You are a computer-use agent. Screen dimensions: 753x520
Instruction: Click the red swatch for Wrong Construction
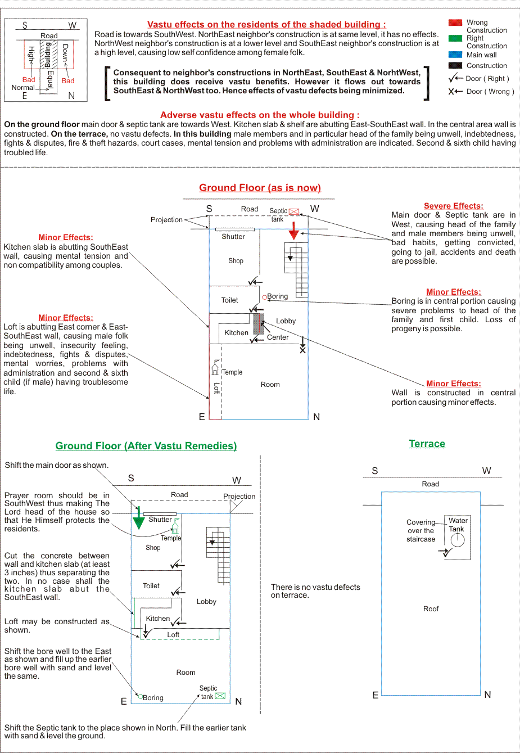(455, 22)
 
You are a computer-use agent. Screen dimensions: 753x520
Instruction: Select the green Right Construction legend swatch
(455, 38)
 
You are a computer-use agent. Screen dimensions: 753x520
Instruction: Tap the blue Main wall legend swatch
(455, 55)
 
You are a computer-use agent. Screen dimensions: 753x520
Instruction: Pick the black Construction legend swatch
(455, 65)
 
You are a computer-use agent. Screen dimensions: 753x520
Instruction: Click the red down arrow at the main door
(293, 231)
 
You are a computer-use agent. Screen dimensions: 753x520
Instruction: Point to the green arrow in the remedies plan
(138, 518)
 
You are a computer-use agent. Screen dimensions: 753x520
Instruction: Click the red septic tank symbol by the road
(294, 211)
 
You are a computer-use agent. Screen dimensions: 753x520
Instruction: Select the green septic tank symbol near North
(220, 696)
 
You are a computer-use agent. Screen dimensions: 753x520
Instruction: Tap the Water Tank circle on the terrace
(458, 540)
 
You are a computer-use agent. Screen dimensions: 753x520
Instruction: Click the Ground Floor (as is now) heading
(260, 188)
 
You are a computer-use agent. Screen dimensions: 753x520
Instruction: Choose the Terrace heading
(427, 444)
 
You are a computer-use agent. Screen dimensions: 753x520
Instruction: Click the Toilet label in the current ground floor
(229, 300)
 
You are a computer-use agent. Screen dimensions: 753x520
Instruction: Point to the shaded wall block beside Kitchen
(258, 324)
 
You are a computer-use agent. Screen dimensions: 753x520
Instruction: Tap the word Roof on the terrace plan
(431, 609)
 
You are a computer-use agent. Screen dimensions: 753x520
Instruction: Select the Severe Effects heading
(453, 206)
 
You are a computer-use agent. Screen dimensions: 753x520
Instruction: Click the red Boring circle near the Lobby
(265, 297)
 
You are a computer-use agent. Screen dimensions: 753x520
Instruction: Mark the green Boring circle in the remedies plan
(140, 697)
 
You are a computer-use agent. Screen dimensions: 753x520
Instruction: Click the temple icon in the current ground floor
(215, 368)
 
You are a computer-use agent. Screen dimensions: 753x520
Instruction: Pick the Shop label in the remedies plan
(153, 548)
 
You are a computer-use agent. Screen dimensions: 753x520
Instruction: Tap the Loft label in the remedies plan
(173, 635)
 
